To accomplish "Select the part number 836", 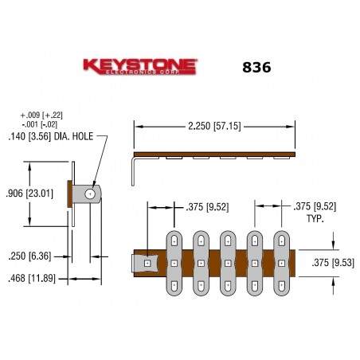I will (256, 68).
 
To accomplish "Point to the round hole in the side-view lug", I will (90, 194).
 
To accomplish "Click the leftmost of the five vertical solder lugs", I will (174, 262).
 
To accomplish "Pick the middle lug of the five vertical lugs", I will (228, 262).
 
